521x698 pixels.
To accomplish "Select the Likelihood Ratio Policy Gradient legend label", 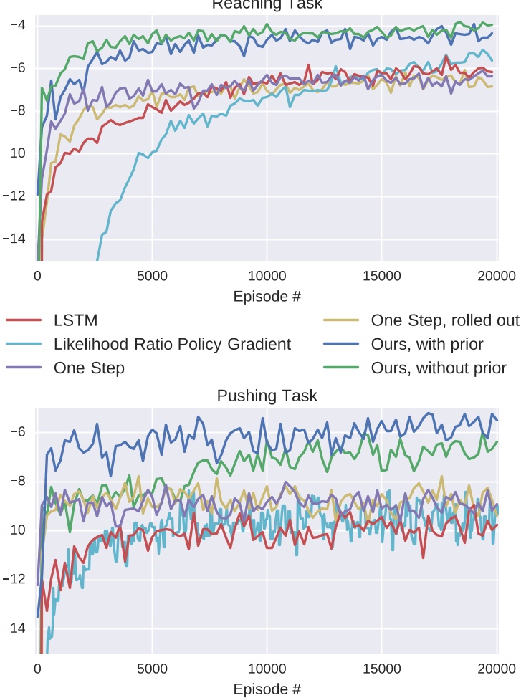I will coord(172,344).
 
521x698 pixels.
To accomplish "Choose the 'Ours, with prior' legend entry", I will coord(427,344).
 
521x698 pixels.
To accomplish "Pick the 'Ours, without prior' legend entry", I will coord(439,368).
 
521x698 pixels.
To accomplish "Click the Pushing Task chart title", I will coord(267,396).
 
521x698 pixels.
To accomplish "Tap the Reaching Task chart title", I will coord(267,5).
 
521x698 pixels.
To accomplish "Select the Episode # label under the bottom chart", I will coord(267,689).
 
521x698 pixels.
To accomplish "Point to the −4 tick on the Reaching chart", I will coord(17,25).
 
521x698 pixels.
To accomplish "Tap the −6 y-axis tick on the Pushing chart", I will coord(17,431).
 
